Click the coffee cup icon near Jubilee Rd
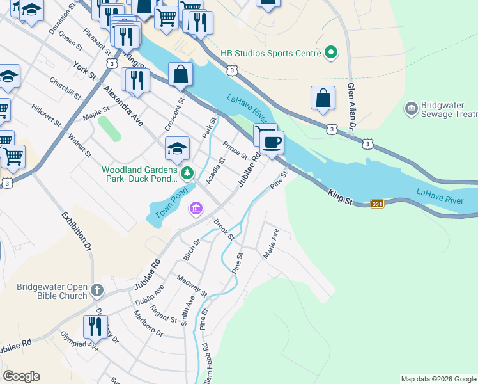pos(272,141)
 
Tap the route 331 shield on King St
pos(378,204)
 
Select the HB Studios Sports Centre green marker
pos(331,52)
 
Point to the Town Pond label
pos(171,202)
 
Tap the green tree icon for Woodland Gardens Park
pos(187,173)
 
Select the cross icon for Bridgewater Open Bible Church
pos(96,290)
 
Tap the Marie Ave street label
pos(271,245)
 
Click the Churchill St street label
pos(66,90)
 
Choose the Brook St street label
pos(224,230)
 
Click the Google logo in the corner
pos(21,376)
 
